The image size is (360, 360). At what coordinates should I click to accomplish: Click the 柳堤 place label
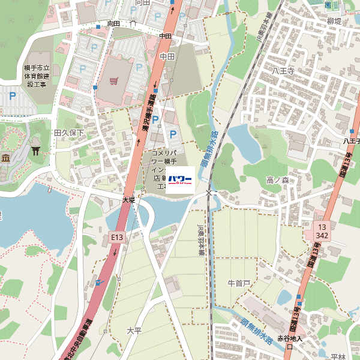pos(334,21)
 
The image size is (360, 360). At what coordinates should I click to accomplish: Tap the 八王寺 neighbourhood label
pos(283,71)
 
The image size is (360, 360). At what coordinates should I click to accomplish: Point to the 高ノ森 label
pos(277,180)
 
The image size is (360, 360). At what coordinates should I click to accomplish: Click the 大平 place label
pos(134,331)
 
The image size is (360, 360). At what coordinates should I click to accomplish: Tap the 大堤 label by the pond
pos(129,199)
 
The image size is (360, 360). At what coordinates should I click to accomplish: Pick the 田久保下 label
pos(69,132)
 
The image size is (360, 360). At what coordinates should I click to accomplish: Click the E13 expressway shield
pos(116,238)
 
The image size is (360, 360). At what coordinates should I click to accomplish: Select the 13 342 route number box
pos(322,232)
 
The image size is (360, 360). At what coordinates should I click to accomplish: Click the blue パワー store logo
pos(179,179)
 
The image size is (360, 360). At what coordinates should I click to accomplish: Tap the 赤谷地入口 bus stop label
pos(289,343)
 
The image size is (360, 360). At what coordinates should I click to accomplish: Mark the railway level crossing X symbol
pos(208,192)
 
